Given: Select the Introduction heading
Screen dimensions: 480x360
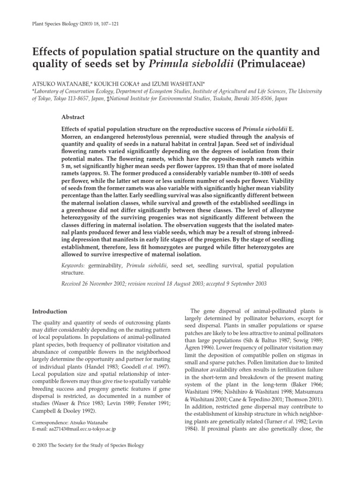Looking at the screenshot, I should (x=49, y=312).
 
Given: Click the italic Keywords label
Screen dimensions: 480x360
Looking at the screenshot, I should (x=73, y=265).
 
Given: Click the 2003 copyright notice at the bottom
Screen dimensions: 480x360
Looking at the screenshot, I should (x=87, y=445).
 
